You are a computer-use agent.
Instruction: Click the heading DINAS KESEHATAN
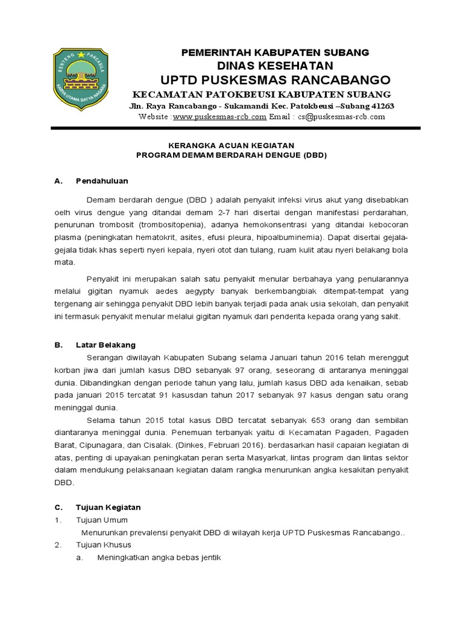tap(275, 65)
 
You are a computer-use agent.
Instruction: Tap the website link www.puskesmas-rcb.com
tap(219, 117)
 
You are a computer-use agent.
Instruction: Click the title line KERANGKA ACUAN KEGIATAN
tap(231, 145)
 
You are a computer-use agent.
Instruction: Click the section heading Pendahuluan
tap(102, 181)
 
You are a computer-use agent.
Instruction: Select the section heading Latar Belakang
tap(106, 345)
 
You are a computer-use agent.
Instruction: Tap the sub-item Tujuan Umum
tap(102, 520)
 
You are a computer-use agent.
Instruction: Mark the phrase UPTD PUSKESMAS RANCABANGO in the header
tap(275, 80)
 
